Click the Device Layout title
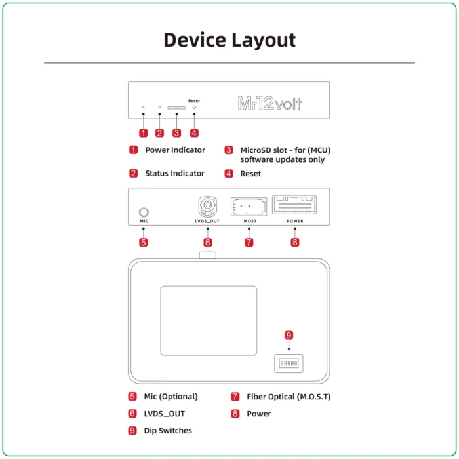[x=229, y=40]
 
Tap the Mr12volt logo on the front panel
[x=269, y=104]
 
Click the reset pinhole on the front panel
[x=194, y=107]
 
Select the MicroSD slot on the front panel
[x=176, y=107]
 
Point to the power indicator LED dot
[x=144, y=107]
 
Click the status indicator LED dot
[x=159, y=107]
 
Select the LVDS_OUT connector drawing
[x=207, y=208]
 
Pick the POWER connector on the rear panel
[x=294, y=205]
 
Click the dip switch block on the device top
[x=289, y=363]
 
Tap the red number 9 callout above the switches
[x=289, y=336]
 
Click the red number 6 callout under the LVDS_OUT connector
[x=207, y=242]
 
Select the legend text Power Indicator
[x=175, y=150]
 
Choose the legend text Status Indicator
[x=174, y=174]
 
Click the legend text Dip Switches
[x=168, y=431]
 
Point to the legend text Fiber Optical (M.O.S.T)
[x=289, y=397]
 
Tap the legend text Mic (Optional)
[x=170, y=397]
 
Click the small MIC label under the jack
[x=144, y=222]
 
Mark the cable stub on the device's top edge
[x=208, y=254]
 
